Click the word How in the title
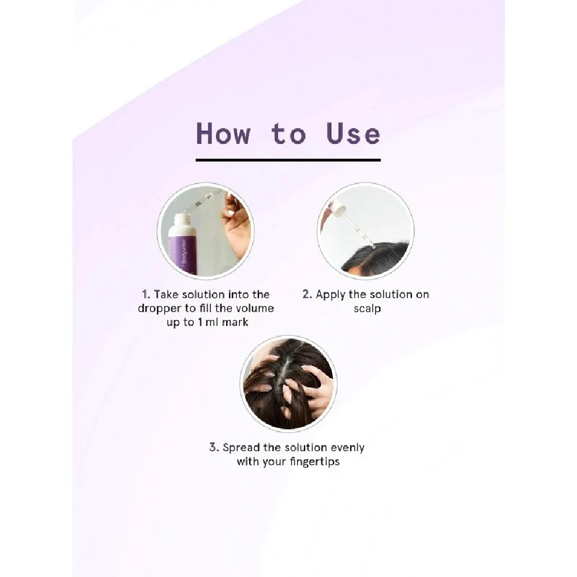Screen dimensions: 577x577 point(223,133)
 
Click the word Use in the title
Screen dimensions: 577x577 point(353,133)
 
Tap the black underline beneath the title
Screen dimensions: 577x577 point(288,160)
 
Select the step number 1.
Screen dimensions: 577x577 point(146,294)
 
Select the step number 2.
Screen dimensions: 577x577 point(307,294)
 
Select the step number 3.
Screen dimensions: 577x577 point(214,448)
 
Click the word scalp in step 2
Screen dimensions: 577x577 point(367,309)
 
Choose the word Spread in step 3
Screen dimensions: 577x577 point(241,448)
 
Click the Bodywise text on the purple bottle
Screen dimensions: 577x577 point(184,252)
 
